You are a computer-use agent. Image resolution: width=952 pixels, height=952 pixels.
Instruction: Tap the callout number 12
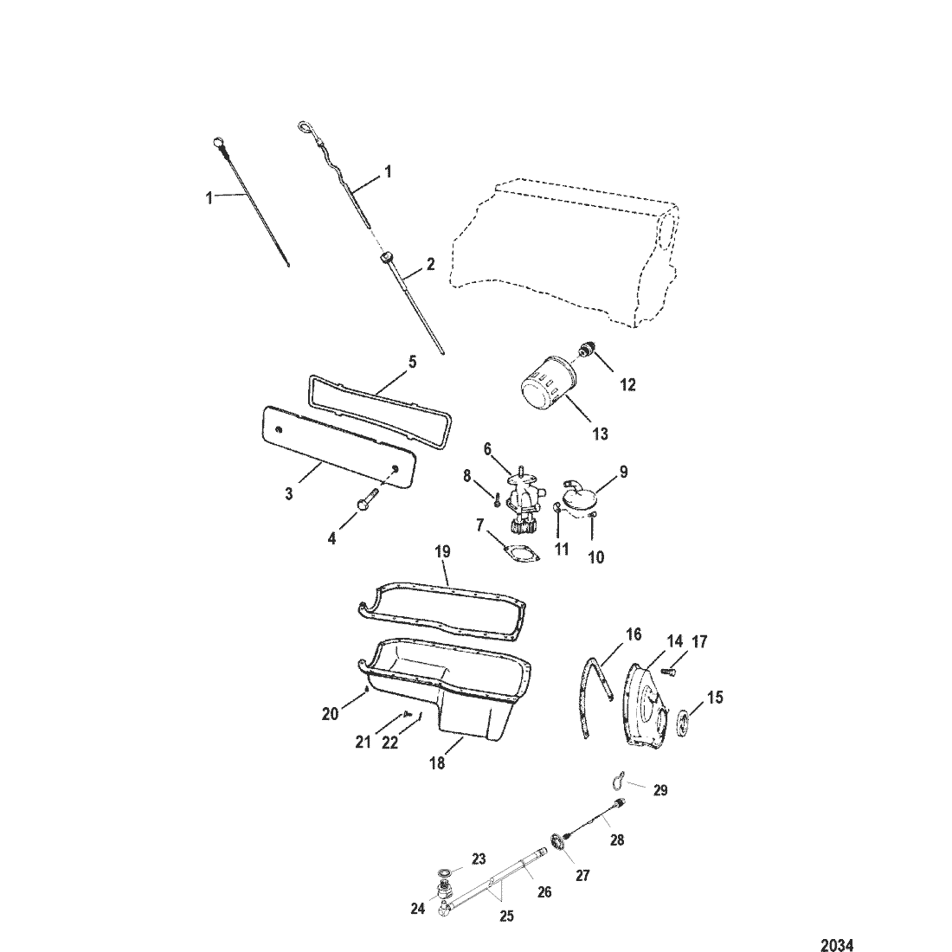(628, 385)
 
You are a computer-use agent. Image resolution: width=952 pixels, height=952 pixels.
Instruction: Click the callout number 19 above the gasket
(443, 550)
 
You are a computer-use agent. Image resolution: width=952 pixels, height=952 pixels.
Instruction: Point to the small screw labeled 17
(676, 669)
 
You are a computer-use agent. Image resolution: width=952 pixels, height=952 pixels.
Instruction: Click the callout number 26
(544, 891)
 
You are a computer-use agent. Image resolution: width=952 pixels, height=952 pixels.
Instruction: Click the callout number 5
(412, 361)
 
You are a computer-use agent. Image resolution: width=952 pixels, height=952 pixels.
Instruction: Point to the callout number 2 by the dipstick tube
(431, 265)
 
